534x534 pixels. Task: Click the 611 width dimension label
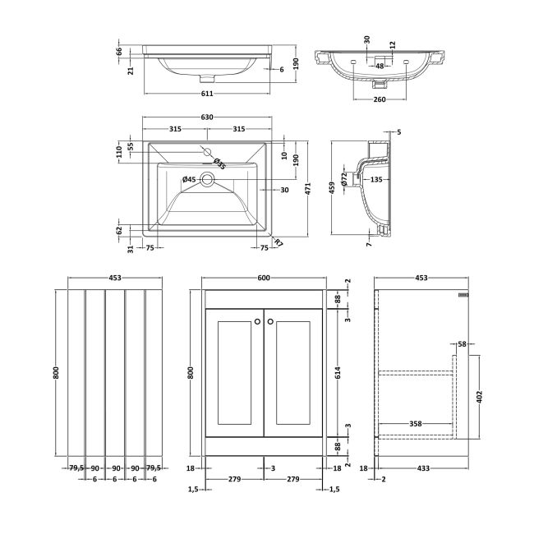207,94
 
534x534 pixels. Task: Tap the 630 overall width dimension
207,117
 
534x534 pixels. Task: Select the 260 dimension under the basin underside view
380,99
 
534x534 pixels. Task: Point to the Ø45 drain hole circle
207,179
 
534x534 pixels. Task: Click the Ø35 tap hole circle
207,152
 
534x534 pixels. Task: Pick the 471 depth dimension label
308,188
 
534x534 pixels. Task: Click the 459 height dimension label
333,187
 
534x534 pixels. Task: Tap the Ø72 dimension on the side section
344,179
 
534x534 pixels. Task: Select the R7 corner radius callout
279,242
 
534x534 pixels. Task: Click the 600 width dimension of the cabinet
264,278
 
